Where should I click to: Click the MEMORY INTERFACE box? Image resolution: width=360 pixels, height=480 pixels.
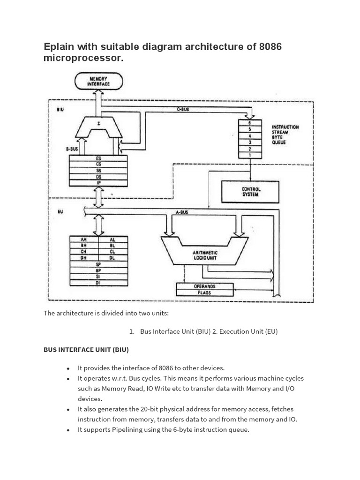point(98,82)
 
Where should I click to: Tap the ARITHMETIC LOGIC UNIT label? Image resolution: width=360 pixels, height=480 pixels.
point(205,255)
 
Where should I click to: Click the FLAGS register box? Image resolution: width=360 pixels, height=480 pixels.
point(204,292)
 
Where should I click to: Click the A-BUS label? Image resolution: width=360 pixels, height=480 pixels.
point(182,212)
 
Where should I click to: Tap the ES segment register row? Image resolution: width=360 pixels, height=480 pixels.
point(98,158)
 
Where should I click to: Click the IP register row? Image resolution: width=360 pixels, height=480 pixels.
point(98,183)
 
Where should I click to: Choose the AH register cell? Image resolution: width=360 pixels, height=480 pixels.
point(84,240)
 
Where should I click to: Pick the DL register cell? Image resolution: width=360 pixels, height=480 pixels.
point(112,258)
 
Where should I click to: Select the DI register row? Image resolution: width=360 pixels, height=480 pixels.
point(98,283)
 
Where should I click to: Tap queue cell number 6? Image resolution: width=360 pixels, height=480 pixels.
point(250,122)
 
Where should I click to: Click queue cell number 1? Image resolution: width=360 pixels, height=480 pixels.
point(250,155)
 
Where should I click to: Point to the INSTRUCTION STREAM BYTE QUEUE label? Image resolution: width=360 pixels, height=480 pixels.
point(285,135)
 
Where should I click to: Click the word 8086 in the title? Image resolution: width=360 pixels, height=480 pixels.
point(267,47)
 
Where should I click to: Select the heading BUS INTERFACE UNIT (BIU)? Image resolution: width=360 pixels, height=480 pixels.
point(86,350)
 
